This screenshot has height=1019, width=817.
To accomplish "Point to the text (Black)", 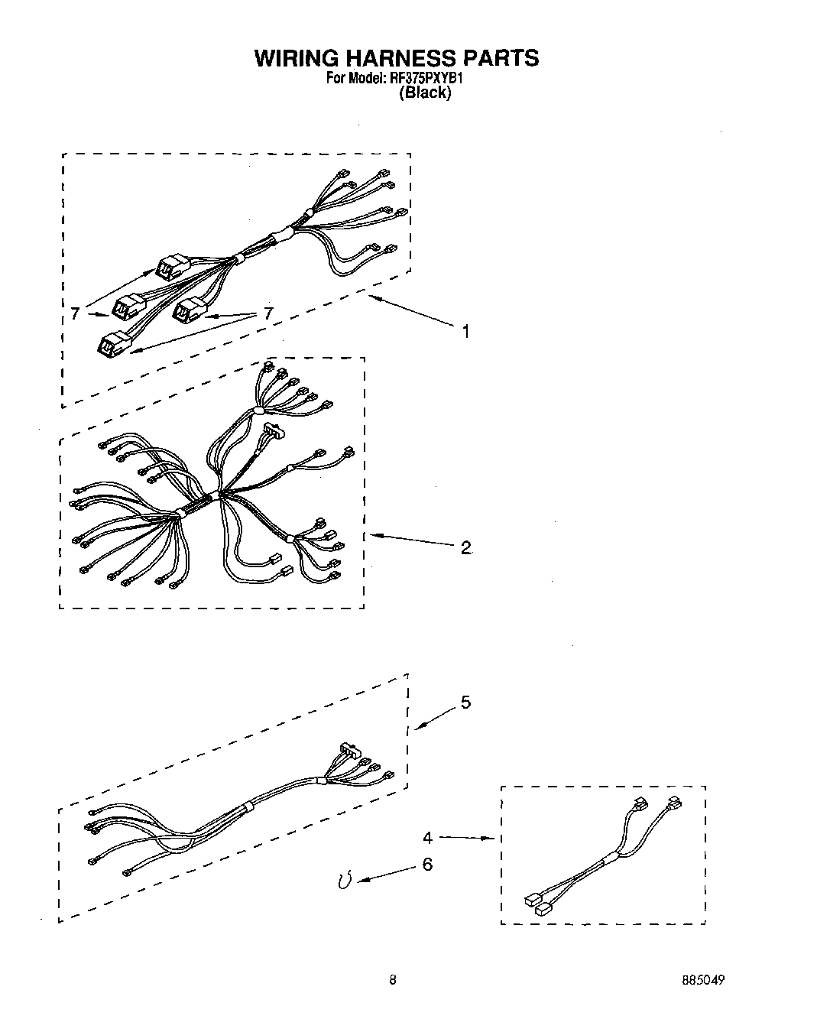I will click(x=425, y=92).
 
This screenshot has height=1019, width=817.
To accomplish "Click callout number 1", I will click(x=465, y=331).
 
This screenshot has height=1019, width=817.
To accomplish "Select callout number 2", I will click(x=465, y=547).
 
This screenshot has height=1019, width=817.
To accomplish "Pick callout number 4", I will click(x=427, y=837).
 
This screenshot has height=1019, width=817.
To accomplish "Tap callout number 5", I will click(x=465, y=703).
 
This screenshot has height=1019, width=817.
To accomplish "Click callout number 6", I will click(x=427, y=864).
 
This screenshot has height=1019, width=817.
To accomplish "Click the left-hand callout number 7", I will click(x=74, y=313).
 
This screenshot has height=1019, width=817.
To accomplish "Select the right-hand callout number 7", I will click(x=267, y=313).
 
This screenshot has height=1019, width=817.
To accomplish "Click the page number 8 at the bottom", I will click(x=392, y=980).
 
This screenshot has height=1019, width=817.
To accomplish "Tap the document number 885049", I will click(x=704, y=980).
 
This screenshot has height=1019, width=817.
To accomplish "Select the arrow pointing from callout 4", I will click(x=466, y=838).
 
